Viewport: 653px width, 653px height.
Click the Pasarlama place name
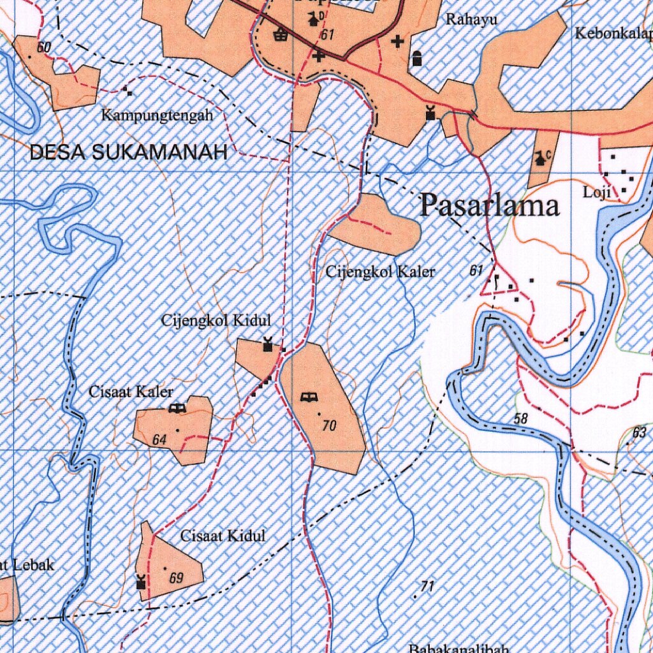[x=489, y=206]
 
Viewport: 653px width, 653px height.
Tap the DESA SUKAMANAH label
[x=128, y=152]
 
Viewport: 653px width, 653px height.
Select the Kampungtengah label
[x=157, y=116]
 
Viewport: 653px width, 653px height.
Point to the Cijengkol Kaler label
[x=380, y=272]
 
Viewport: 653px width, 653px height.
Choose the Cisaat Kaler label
[x=131, y=392]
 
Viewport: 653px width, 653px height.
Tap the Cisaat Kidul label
[x=223, y=536]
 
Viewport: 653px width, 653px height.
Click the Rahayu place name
[x=471, y=20]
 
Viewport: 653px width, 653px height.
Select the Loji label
[x=597, y=192]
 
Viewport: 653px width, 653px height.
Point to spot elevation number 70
[x=329, y=426]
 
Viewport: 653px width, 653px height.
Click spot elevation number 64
[x=159, y=440]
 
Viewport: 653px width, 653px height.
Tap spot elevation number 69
[x=177, y=579]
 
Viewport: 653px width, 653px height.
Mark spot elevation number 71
[x=427, y=587]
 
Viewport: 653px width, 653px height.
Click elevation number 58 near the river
[x=521, y=419]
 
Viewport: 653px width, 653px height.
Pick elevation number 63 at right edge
[x=640, y=433]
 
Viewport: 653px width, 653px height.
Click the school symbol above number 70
[x=309, y=398]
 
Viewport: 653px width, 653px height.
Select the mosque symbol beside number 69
[x=141, y=581]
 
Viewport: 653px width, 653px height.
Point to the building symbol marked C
[x=541, y=157]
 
